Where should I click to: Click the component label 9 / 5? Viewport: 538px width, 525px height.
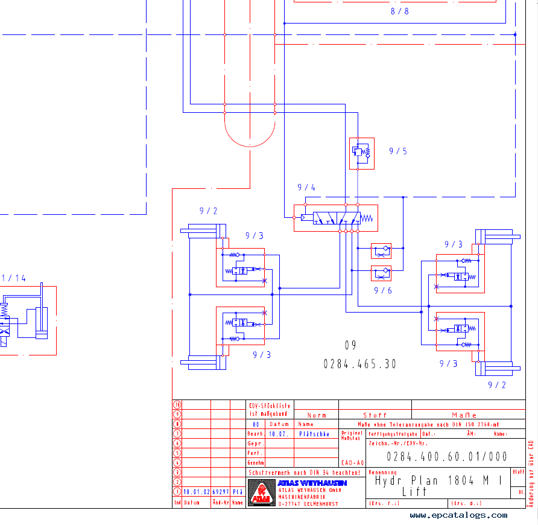397,151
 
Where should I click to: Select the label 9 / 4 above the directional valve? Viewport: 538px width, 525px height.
306,188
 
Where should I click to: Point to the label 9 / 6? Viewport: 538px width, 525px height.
382,290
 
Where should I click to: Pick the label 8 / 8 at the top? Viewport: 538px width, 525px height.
399,11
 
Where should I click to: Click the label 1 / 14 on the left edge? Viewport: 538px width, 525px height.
13,278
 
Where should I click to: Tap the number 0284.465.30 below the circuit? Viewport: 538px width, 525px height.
360,364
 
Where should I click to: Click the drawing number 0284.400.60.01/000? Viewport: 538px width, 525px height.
447,457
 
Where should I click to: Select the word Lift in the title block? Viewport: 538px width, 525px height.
414,492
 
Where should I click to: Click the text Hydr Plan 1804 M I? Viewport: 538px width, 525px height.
438,481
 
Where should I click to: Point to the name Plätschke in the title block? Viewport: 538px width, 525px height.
314,434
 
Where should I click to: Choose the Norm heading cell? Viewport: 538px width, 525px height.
317,415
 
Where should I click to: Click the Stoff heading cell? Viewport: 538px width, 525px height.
375,415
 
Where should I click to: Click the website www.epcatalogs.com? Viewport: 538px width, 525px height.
458,515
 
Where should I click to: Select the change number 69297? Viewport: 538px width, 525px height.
220,492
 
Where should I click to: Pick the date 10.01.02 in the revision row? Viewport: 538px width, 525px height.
196,492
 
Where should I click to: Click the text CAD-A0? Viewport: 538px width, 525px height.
352,463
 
